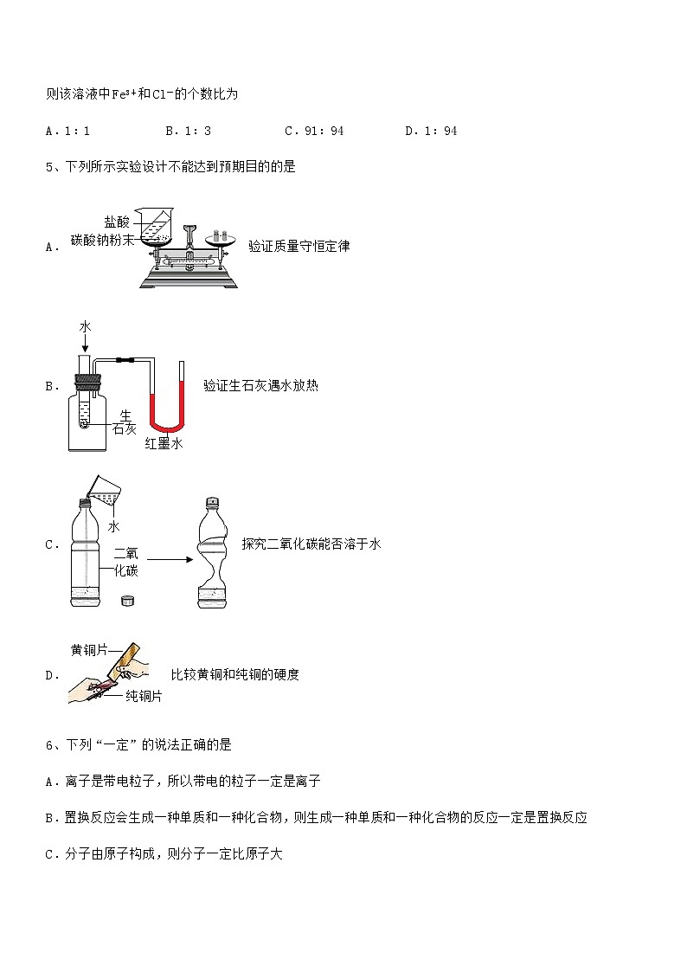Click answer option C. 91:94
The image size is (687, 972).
tap(314, 131)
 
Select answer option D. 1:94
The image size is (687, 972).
tap(431, 131)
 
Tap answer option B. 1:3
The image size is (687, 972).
tap(189, 131)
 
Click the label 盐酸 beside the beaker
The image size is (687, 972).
tap(117, 222)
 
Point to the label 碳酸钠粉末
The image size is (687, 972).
tap(102, 240)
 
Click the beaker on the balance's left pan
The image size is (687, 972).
tap(156, 225)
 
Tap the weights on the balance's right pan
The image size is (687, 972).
tap(221, 235)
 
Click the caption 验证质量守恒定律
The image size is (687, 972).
tap(299, 246)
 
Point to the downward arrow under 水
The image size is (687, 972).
tap(85, 342)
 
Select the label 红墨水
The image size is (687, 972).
tap(164, 444)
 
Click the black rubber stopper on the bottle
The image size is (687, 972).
tap(87, 382)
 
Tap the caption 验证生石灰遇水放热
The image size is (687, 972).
tap(260, 385)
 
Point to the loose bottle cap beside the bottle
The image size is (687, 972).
tap(127, 600)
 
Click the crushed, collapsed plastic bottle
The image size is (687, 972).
tap(213, 552)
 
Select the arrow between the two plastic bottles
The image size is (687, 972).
tap(170, 560)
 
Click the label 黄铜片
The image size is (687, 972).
tap(89, 650)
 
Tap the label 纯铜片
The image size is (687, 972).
tap(144, 696)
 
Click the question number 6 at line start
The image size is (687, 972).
tap(49, 745)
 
